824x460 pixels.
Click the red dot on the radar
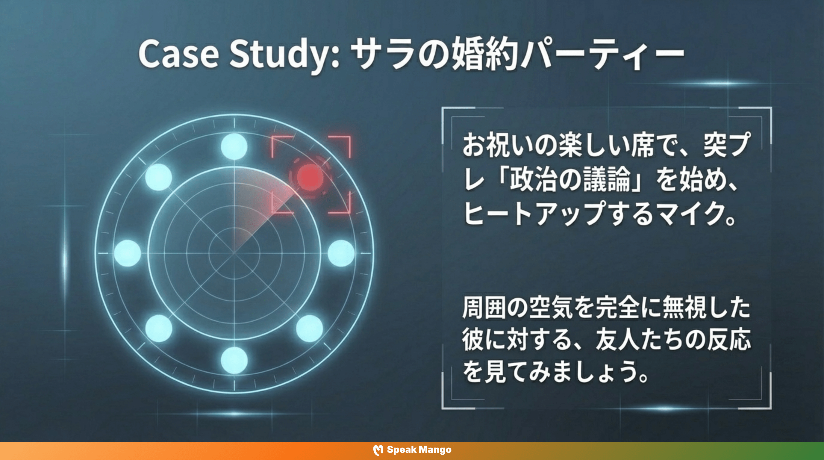click(x=309, y=177)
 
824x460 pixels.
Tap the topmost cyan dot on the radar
click(x=234, y=146)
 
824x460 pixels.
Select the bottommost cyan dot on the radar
click(x=234, y=360)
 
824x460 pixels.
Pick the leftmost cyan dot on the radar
click(x=127, y=253)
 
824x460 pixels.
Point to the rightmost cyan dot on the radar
click(x=341, y=253)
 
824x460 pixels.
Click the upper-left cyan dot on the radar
click(x=158, y=177)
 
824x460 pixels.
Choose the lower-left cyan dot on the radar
click(x=158, y=329)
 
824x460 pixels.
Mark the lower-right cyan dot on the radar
click(x=309, y=329)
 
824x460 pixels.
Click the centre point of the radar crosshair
click(x=234, y=253)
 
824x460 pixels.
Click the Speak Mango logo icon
click(x=378, y=450)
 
